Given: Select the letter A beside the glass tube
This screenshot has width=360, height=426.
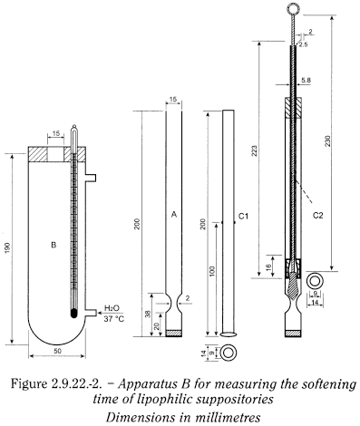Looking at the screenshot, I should (171, 215).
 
